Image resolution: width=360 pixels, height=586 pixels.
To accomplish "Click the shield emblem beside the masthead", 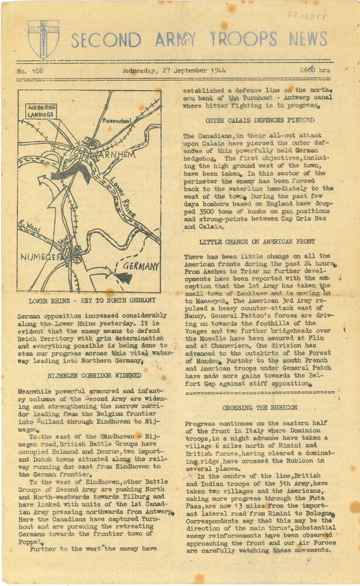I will (43, 39).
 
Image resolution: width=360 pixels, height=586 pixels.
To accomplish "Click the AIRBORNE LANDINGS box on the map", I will (41, 111).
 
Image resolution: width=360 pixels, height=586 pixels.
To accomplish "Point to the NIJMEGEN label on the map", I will (42, 255).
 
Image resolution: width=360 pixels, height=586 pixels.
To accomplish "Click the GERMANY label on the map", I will (140, 267).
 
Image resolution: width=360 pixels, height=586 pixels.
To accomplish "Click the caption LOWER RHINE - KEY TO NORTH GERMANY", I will (91, 301).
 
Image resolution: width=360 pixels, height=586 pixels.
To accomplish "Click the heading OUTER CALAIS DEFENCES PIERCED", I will (252, 120).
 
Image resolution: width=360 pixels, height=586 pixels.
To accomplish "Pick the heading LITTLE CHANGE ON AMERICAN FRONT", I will (256, 241).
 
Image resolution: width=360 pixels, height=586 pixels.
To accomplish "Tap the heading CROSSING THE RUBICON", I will (260, 407).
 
